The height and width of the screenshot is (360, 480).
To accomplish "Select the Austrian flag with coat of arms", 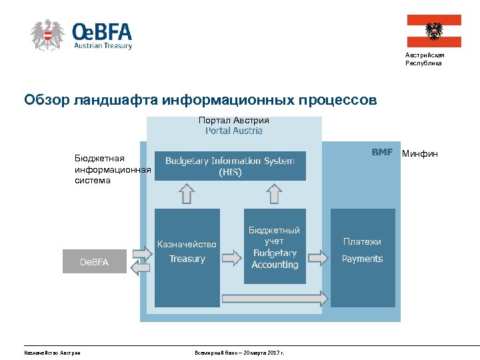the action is click(x=434, y=31).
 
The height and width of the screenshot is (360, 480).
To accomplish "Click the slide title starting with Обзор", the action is click(x=200, y=101).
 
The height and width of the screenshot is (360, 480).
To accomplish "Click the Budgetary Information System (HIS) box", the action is click(x=230, y=166).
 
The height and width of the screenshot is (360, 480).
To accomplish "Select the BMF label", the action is click(x=382, y=152).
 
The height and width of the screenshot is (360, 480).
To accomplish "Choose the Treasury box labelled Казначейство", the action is click(x=187, y=257).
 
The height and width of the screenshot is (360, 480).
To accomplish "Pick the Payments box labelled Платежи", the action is click(x=363, y=257).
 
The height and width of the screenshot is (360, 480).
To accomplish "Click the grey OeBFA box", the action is click(x=94, y=261).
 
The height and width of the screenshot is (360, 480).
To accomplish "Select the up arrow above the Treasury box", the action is click(x=187, y=194).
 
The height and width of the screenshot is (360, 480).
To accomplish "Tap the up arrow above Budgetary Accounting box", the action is click(x=274, y=194).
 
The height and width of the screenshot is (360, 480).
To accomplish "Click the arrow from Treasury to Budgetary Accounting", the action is click(x=231, y=257).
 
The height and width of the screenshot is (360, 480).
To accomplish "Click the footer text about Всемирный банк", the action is click(x=239, y=352).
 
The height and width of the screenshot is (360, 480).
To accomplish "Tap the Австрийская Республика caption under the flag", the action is click(x=423, y=59).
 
